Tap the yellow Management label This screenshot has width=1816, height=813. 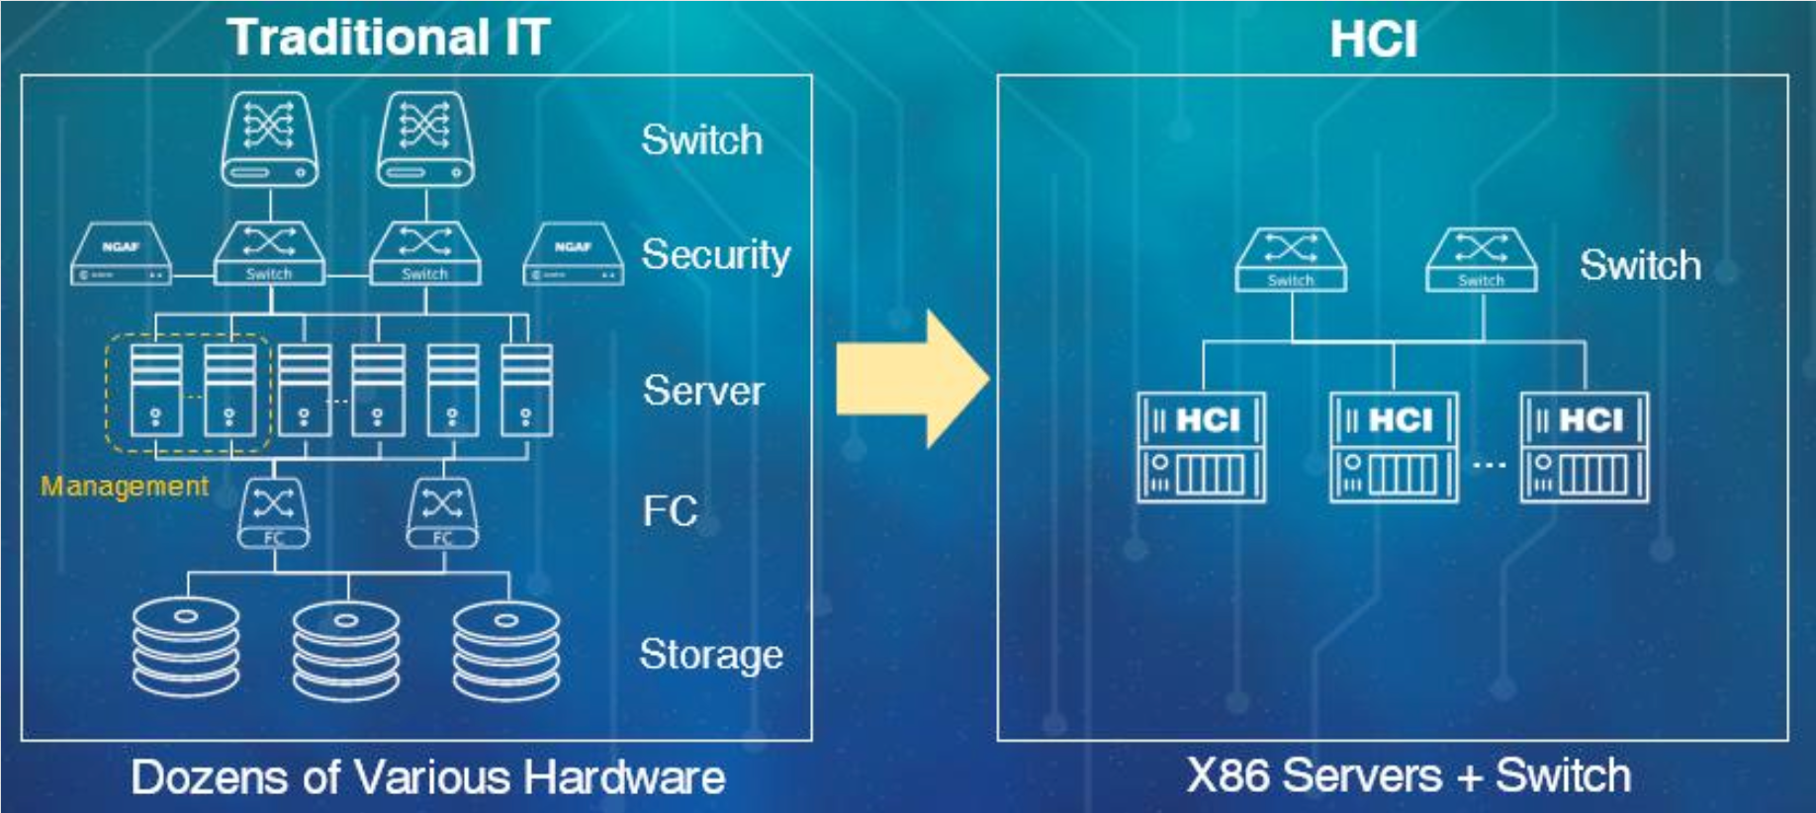pos(125,486)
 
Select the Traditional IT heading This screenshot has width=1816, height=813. pos(388,38)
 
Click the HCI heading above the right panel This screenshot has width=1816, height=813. pos(1373,41)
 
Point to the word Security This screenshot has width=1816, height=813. pos(715,255)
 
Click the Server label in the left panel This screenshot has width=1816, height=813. pos(703,391)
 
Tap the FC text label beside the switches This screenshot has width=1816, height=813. pos(670,511)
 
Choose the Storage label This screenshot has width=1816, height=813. pos(711,655)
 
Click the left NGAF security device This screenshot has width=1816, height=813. pos(121,255)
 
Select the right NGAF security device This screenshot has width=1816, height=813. pos(574,255)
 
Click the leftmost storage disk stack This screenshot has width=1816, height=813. pos(186,647)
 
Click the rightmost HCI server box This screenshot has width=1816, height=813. pos(1584,448)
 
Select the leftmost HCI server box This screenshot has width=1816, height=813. pos(1201,448)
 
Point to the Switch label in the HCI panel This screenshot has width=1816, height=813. pos(1640,265)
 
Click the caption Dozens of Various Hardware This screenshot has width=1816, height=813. pos(428,777)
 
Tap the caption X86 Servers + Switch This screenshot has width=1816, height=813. pos(1408,775)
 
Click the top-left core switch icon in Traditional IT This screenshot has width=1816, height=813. pos(269,139)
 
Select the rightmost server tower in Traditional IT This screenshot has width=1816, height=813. pos(526,390)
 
